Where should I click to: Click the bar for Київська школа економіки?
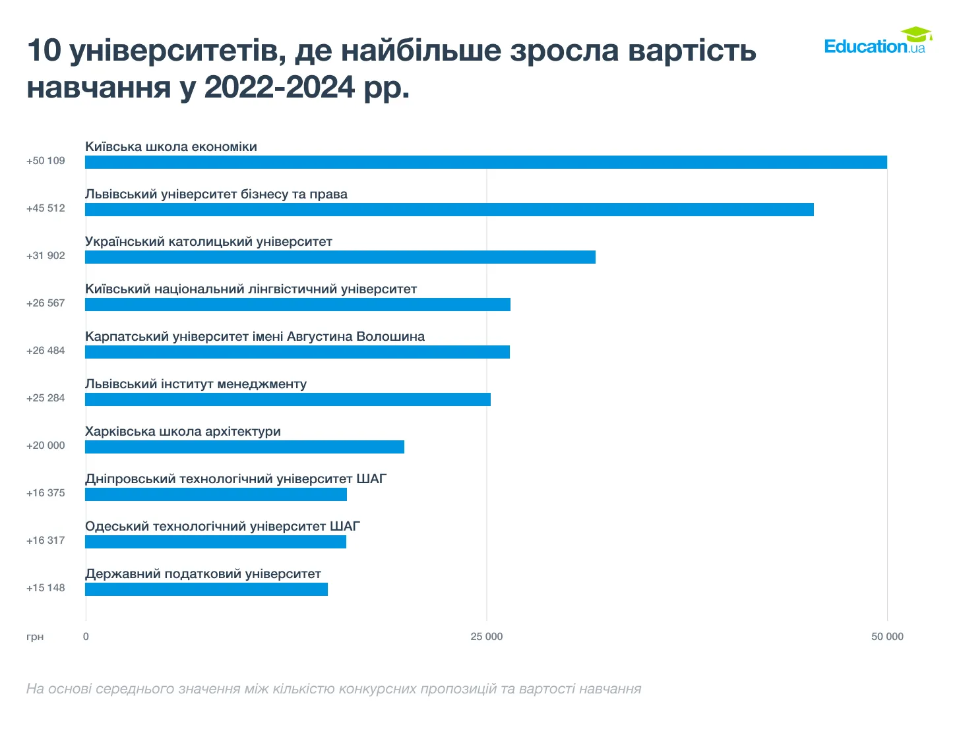click(485, 162)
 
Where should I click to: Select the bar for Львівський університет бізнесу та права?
click(449, 210)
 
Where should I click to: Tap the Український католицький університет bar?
click(340, 257)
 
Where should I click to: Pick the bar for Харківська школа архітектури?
click(244, 447)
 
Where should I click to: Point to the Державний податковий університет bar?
click(206, 589)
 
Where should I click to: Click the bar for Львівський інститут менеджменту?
click(288, 399)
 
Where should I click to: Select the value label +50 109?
click(46, 161)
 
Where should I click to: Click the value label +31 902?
click(46, 256)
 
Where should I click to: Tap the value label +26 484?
click(46, 351)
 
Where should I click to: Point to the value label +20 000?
click(46, 446)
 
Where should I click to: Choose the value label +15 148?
click(46, 588)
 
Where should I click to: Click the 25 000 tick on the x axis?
click(486, 637)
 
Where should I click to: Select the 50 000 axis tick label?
click(887, 637)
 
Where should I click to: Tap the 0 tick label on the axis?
click(86, 637)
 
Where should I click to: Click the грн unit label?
click(35, 637)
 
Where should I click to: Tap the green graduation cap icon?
click(916, 34)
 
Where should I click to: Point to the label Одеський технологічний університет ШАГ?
click(222, 527)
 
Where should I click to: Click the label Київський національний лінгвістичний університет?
click(251, 289)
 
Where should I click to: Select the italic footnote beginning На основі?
click(333, 689)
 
